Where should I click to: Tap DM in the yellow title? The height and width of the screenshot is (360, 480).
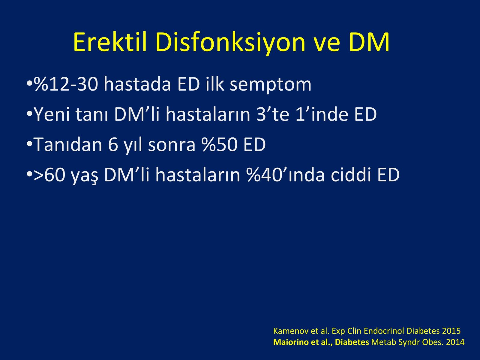(x=369, y=42)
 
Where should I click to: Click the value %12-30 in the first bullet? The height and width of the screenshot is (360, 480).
(x=66, y=84)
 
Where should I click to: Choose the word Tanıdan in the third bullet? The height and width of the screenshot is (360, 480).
(x=68, y=144)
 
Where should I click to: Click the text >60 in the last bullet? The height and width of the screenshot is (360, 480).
(x=49, y=175)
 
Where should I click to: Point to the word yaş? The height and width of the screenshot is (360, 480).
(x=85, y=177)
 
